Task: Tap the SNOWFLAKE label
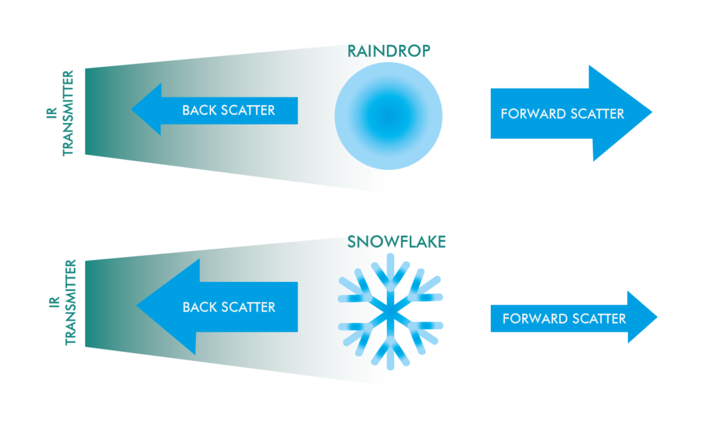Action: point(396,242)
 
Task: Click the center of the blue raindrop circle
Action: point(388,114)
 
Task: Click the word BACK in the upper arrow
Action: point(197,110)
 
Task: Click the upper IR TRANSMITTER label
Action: point(61,111)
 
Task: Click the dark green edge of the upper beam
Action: point(90,111)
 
